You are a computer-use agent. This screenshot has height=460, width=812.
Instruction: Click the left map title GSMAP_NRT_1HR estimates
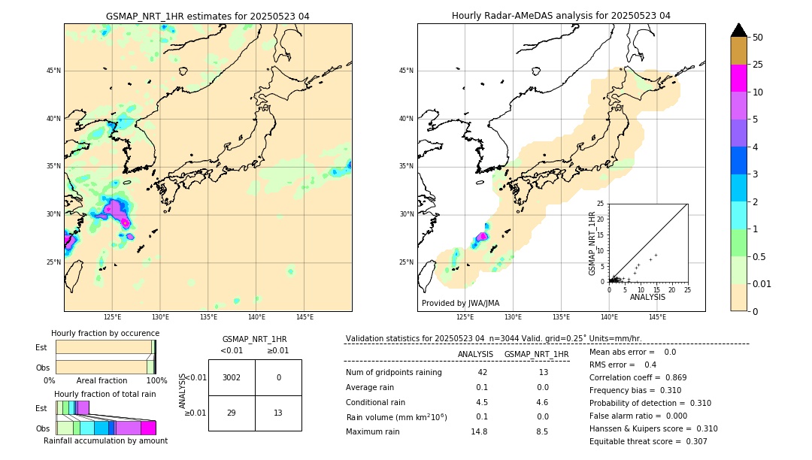tap(208, 16)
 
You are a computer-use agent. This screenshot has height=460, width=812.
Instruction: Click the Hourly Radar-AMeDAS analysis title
tap(561, 16)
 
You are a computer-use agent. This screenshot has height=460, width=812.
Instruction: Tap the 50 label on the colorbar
tap(758, 38)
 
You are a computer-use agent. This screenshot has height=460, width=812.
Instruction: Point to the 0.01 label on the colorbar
tap(762, 283)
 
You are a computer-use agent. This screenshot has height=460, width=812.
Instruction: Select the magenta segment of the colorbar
tap(738, 78)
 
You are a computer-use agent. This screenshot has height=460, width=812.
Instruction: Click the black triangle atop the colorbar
tap(738, 30)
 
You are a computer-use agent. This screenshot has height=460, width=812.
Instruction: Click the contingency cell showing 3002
tap(232, 377)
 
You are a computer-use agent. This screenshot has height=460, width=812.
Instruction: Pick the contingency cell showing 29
tap(232, 413)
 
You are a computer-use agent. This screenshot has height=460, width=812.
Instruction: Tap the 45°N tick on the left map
tap(53, 71)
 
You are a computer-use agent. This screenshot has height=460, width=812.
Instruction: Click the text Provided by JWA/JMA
tap(460, 303)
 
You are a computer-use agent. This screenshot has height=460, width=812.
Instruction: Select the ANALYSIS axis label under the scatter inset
tap(647, 297)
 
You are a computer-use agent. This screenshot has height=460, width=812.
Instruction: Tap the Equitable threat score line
tap(648, 441)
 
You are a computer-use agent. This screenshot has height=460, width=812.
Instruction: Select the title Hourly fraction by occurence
tap(105, 333)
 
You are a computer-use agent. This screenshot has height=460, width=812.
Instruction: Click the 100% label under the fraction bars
tap(156, 380)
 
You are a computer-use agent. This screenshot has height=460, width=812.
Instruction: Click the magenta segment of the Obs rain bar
tap(148, 428)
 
